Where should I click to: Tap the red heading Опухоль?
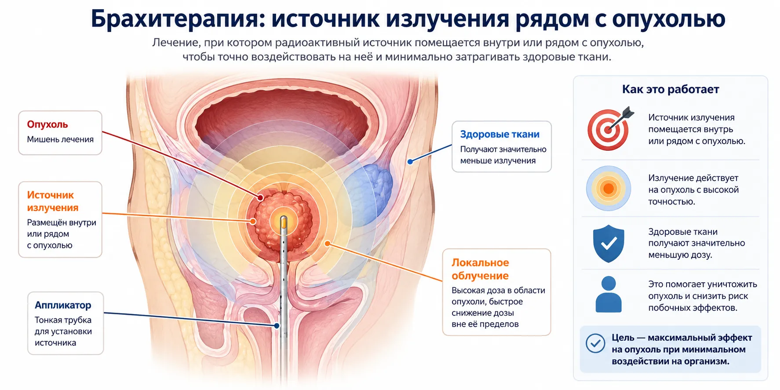47,124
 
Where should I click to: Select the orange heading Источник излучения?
53,201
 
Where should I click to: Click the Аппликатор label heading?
63,305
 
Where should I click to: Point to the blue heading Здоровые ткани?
500,134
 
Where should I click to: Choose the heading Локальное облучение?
480,269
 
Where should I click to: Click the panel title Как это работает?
671,89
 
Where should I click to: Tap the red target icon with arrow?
610,128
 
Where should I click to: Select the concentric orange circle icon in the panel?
609,189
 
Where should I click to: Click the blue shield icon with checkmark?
609,244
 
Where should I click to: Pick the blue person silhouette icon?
609,294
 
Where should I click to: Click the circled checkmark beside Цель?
595,343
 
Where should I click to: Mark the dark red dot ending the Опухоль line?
261,198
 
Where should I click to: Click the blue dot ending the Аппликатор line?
277,326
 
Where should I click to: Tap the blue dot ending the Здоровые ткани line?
410,162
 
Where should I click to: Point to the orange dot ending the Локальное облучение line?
327,243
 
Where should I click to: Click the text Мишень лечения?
60,139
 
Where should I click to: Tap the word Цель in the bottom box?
623,338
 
